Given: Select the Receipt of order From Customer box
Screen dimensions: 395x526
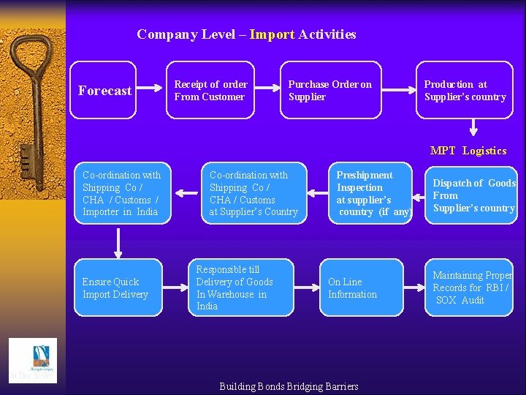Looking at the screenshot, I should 212,90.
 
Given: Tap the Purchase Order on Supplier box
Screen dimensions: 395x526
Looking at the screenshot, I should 331,90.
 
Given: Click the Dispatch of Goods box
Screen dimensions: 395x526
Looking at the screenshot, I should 472,195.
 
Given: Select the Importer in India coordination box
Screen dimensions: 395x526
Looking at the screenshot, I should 121,193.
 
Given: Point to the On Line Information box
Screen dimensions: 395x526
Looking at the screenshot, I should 361,287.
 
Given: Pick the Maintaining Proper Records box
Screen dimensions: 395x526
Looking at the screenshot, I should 471,287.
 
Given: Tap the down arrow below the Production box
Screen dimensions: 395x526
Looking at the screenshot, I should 473,129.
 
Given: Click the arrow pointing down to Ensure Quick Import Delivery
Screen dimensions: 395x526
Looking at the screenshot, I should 118,241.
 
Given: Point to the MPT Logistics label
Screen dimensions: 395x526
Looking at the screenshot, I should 468,151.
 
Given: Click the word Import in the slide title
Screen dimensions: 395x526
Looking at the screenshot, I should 272,34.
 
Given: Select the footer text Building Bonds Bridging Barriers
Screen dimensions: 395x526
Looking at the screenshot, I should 289,386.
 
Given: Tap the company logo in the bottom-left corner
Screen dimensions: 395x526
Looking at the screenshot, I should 32,360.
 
